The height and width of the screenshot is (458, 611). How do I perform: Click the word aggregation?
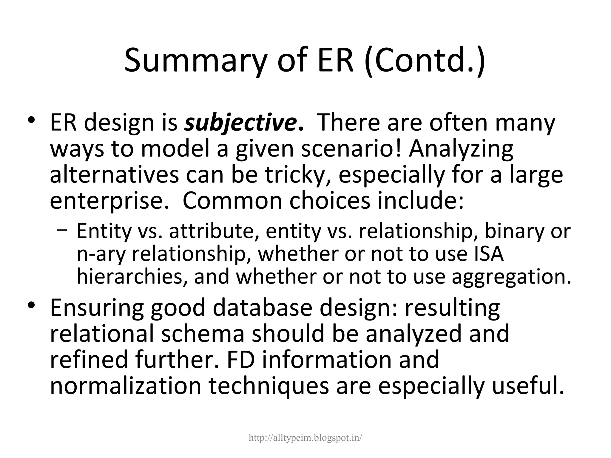(x=511, y=277)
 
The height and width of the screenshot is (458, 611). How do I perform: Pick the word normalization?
(x=126, y=386)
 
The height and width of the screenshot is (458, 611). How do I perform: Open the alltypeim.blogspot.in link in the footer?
(x=305, y=437)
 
